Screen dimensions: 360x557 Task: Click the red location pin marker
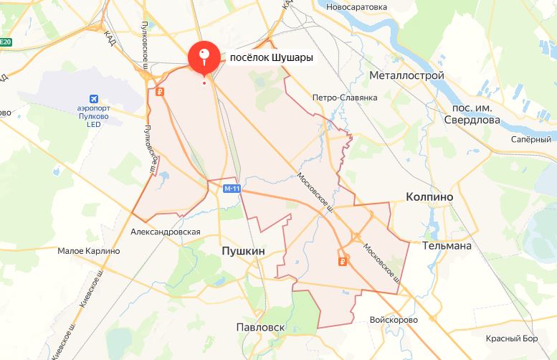click(x=204, y=57)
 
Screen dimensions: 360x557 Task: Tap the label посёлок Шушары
click(x=272, y=57)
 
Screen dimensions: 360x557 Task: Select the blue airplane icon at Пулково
click(x=92, y=98)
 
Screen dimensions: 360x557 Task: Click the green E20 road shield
click(x=6, y=42)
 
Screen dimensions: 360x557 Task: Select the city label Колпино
click(x=429, y=196)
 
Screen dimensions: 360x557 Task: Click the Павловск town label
click(x=261, y=327)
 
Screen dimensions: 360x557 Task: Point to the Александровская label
click(x=166, y=232)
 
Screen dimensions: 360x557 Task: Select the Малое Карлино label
click(x=88, y=251)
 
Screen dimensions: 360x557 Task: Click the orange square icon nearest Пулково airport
click(x=159, y=91)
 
